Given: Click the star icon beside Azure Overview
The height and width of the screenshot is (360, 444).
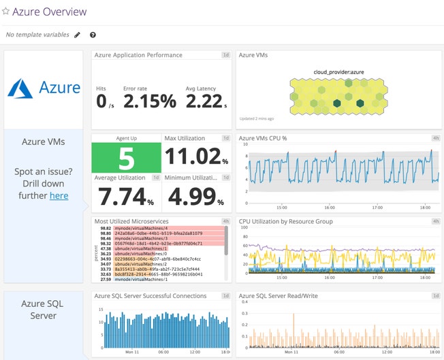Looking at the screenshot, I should [6, 12].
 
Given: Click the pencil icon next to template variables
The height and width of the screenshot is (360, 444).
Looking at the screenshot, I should [77, 35].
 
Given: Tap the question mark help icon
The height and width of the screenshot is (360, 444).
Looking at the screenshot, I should [93, 35].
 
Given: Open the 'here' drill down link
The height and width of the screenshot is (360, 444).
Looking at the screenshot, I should [59, 195].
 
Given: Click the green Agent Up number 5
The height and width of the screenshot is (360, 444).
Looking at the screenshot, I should [127, 158].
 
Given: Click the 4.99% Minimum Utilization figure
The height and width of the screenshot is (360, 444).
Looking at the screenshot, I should [193, 197].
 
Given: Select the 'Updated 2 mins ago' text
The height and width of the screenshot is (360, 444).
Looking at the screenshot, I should [257, 118].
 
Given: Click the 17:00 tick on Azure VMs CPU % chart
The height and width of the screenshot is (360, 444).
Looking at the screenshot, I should [376, 208].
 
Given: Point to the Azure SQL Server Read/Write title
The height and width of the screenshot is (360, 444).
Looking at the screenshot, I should [278, 296].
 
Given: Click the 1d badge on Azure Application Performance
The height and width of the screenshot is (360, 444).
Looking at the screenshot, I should [225, 54].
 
